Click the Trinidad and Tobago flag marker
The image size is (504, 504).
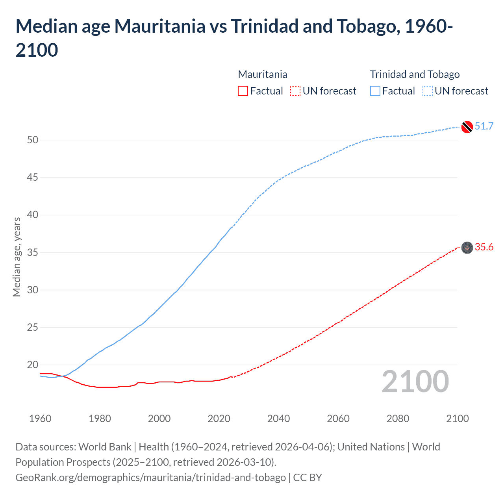pyautogui.click(x=467, y=127)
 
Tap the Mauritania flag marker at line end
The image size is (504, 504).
pyautogui.click(x=467, y=248)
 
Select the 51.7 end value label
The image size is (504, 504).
pyautogui.click(x=484, y=126)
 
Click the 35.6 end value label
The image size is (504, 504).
pyautogui.click(x=484, y=247)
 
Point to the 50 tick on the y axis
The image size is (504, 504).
pyautogui.click(x=33, y=140)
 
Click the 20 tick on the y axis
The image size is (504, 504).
pyautogui.click(x=33, y=365)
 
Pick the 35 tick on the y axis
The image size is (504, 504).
pyautogui.click(x=33, y=252)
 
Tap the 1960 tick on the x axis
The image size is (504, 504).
pyautogui.click(x=40, y=419)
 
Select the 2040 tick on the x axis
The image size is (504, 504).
pyautogui.click(x=278, y=419)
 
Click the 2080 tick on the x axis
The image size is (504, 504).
pyautogui.click(x=398, y=419)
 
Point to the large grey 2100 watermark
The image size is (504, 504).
pyautogui.click(x=415, y=382)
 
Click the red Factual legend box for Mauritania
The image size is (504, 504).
pyautogui.click(x=243, y=91)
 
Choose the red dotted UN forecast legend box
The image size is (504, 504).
pyautogui.click(x=295, y=91)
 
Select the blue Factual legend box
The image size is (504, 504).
pyautogui.click(x=375, y=91)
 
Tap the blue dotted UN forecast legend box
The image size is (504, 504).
pyautogui.click(x=428, y=91)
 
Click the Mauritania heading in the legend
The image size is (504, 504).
pyautogui.click(x=263, y=74)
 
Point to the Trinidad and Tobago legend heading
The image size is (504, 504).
pyautogui.click(x=415, y=74)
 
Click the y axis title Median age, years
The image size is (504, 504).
pyautogui.click(x=17, y=257)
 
